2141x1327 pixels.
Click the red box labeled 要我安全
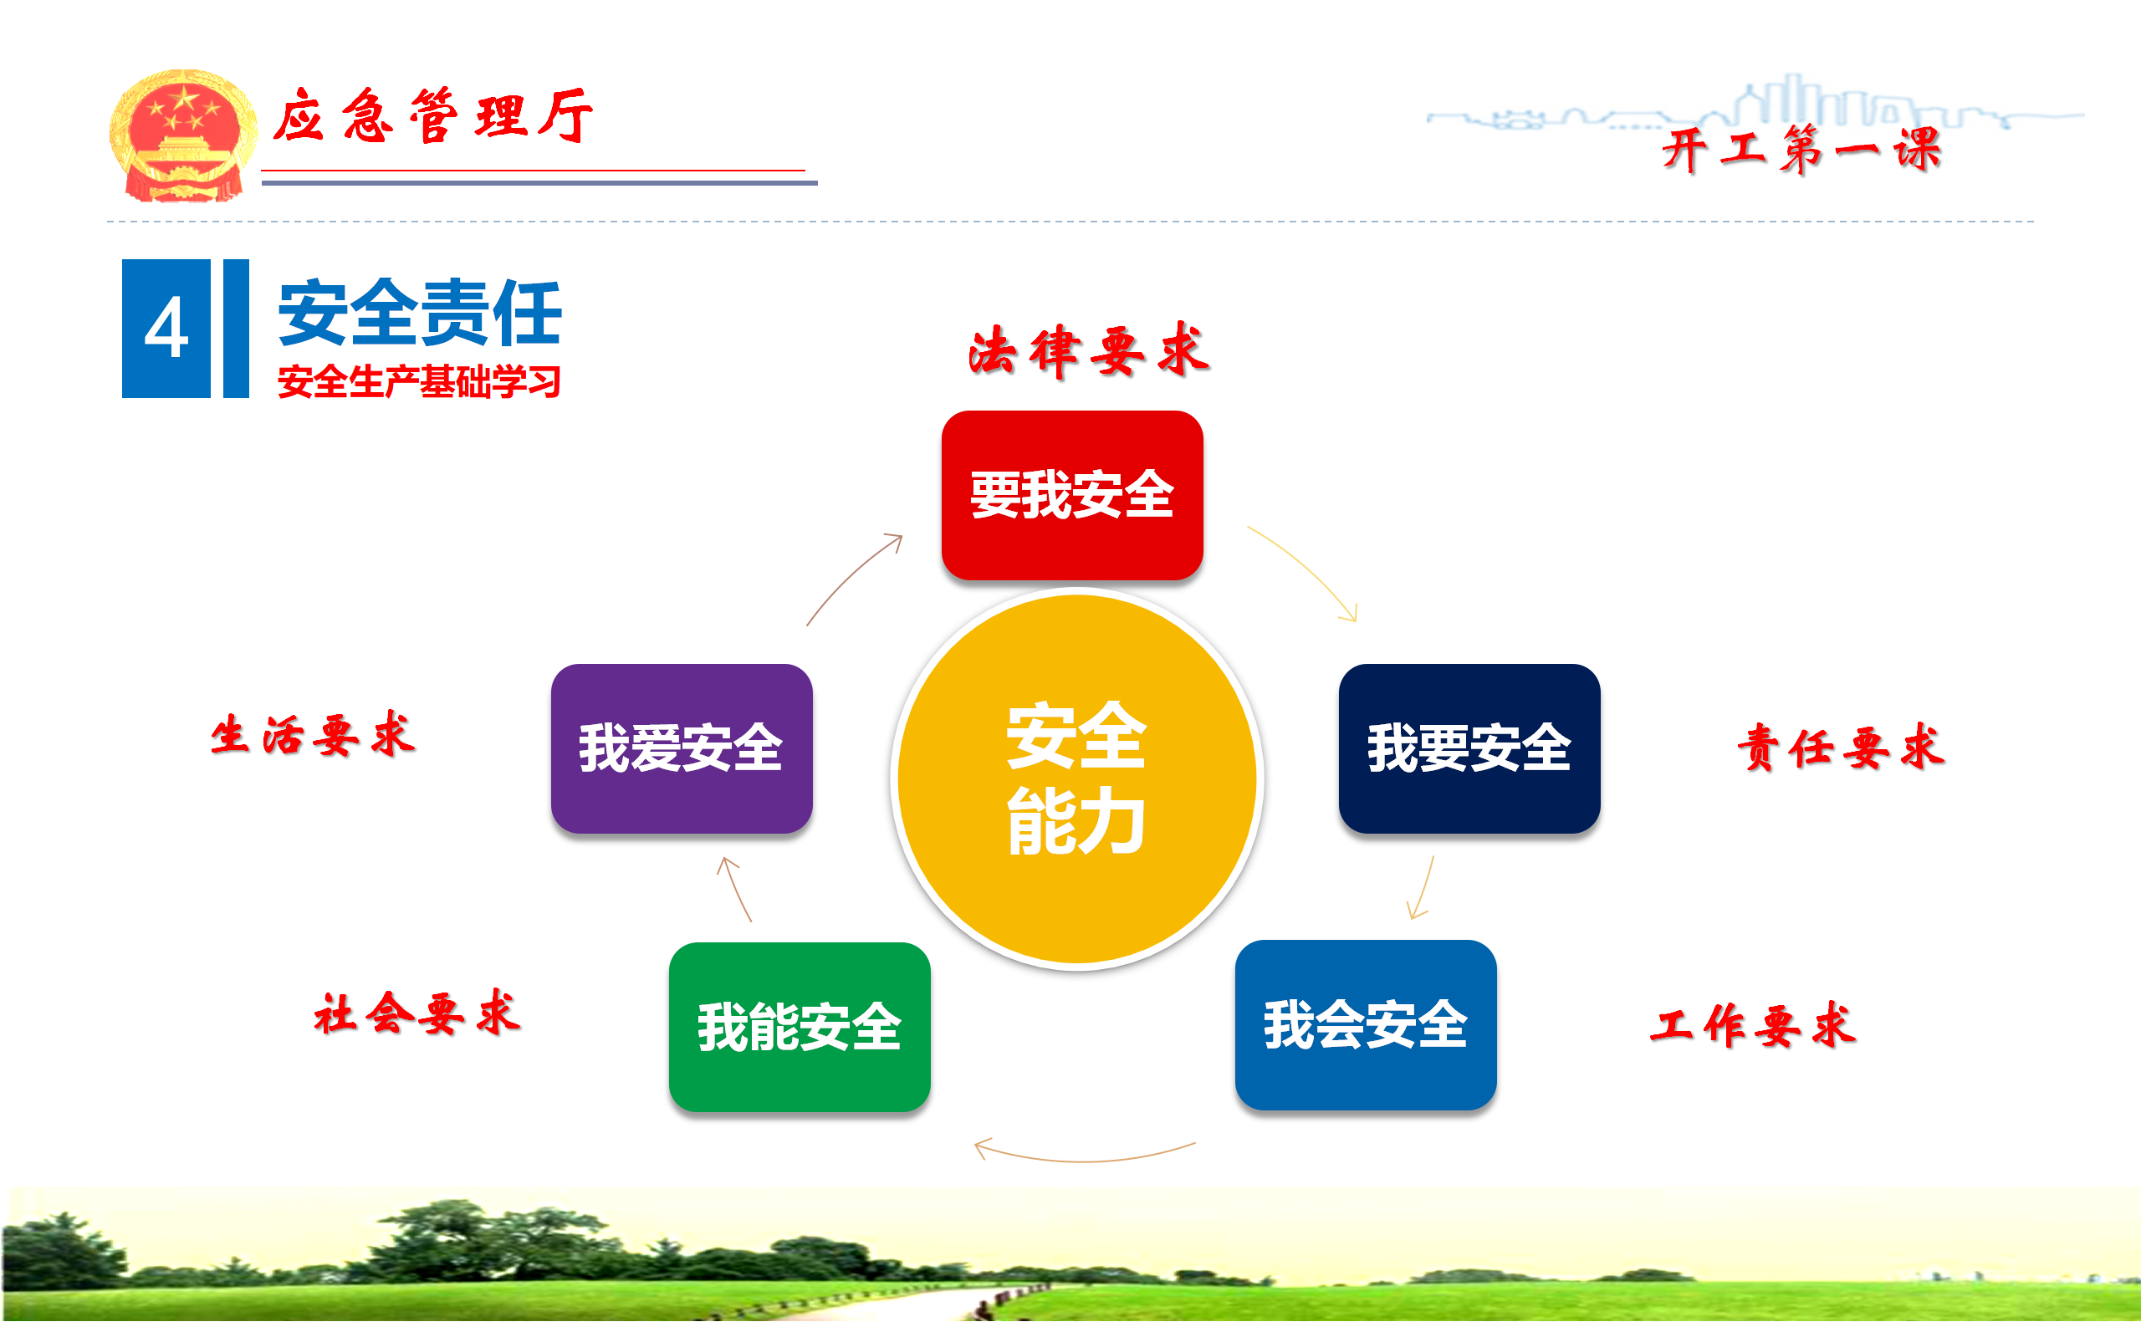[x=1072, y=495]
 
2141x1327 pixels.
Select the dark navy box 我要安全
[x=1469, y=748]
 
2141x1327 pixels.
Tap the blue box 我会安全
[x=1365, y=1024]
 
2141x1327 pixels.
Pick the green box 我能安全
[x=799, y=1027]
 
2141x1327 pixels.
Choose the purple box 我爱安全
[x=681, y=748]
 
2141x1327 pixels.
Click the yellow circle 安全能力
[x=1076, y=778]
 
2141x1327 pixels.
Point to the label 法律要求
[x=1089, y=350]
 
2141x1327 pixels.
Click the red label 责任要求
[x=1841, y=748]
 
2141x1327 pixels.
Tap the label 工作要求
[x=1753, y=1024]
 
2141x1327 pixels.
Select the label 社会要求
[x=417, y=1013]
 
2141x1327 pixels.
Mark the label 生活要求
[x=313, y=735]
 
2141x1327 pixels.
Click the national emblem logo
[x=182, y=135]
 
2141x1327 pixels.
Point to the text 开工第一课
[x=1801, y=149]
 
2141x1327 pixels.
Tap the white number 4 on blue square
[x=166, y=329]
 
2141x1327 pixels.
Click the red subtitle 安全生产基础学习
[x=420, y=382]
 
